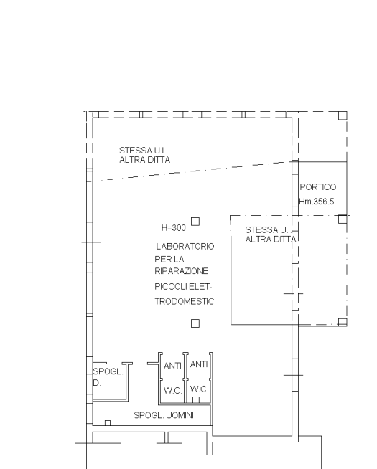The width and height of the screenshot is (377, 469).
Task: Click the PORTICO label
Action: [x=317, y=187]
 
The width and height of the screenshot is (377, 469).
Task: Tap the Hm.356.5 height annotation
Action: [x=317, y=202]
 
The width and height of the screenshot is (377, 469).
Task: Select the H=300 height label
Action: [x=174, y=228]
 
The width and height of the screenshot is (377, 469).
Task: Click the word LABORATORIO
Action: [x=185, y=247]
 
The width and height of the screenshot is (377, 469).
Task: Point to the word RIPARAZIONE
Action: [x=182, y=271]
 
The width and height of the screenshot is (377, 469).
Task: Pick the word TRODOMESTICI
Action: [x=185, y=301]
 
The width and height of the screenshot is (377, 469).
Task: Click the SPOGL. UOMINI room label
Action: [x=164, y=415]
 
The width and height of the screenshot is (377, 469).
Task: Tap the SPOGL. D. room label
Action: [x=108, y=377]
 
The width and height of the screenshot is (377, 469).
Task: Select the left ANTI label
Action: [x=173, y=366]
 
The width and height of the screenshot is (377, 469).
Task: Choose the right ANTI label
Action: [x=199, y=364]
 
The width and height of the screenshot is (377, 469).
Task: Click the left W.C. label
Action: [x=173, y=391]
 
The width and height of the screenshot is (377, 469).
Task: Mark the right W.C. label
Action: [x=199, y=389]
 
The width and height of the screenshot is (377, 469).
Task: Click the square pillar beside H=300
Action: [x=195, y=222]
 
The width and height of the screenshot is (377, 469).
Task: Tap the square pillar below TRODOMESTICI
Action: [x=195, y=323]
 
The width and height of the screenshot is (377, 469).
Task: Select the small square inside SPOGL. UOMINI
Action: [x=108, y=423]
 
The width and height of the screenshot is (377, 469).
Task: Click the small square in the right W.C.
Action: [x=196, y=400]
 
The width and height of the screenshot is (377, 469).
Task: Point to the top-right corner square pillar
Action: [x=343, y=115]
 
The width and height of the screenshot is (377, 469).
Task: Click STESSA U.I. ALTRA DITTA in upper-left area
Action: [x=144, y=155]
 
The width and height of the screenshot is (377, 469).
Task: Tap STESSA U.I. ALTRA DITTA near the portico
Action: [x=271, y=234]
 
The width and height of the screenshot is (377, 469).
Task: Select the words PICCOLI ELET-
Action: [x=183, y=287]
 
